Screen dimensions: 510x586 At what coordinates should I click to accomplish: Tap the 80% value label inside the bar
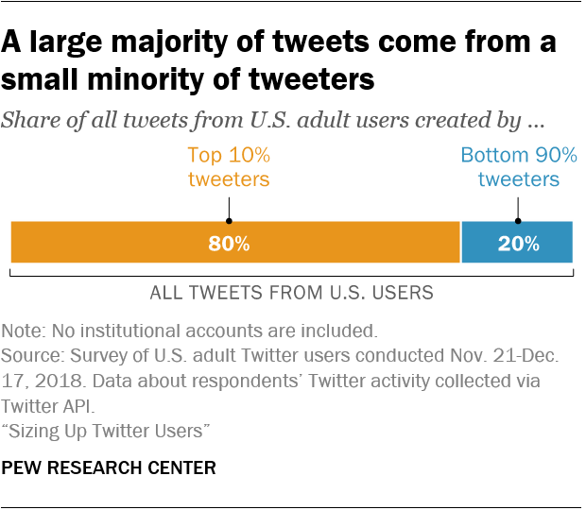point(229,243)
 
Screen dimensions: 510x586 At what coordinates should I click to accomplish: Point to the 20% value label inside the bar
point(518,243)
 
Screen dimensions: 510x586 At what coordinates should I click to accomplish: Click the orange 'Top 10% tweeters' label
point(229,167)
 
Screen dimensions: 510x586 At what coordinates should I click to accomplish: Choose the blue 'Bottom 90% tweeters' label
point(518,167)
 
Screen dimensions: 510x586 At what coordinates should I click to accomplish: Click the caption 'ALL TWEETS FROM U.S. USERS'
point(292,293)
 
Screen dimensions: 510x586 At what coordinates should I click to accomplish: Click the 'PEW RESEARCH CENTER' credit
point(109,467)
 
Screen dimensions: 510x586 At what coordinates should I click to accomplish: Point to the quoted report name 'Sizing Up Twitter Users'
point(106,431)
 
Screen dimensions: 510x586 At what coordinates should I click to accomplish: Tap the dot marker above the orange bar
point(229,201)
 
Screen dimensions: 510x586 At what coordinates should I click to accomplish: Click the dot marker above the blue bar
point(518,201)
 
